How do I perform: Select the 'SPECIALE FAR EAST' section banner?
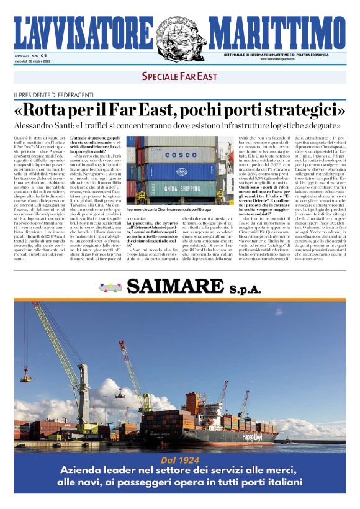tap(179, 77)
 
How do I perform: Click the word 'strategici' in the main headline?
tap(299, 110)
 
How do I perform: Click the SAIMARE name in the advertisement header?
tap(186, 286)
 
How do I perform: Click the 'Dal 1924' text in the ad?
tap(179, 460)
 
